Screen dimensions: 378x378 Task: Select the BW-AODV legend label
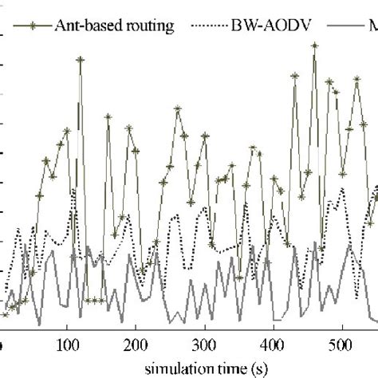266,26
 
